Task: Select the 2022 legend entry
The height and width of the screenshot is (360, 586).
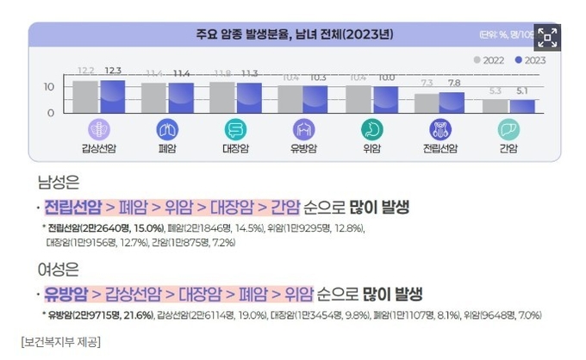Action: pyautogui.click(x=491, y=60)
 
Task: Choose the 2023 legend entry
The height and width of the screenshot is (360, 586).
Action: pyautogui.click(x=530, y=60)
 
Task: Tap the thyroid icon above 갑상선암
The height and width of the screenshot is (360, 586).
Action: pyautogui.click(x=99, y=129)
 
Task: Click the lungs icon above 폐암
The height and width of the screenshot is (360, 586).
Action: pyautogui.click(x=167, y=129)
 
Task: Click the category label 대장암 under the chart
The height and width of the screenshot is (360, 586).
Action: pyautogui.click(x=235, y=147)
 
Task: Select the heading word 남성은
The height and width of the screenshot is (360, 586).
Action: pyautogui.click(x=57, y=183)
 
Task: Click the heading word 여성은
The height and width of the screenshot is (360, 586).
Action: pyautogui.click(x=57, y=270)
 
